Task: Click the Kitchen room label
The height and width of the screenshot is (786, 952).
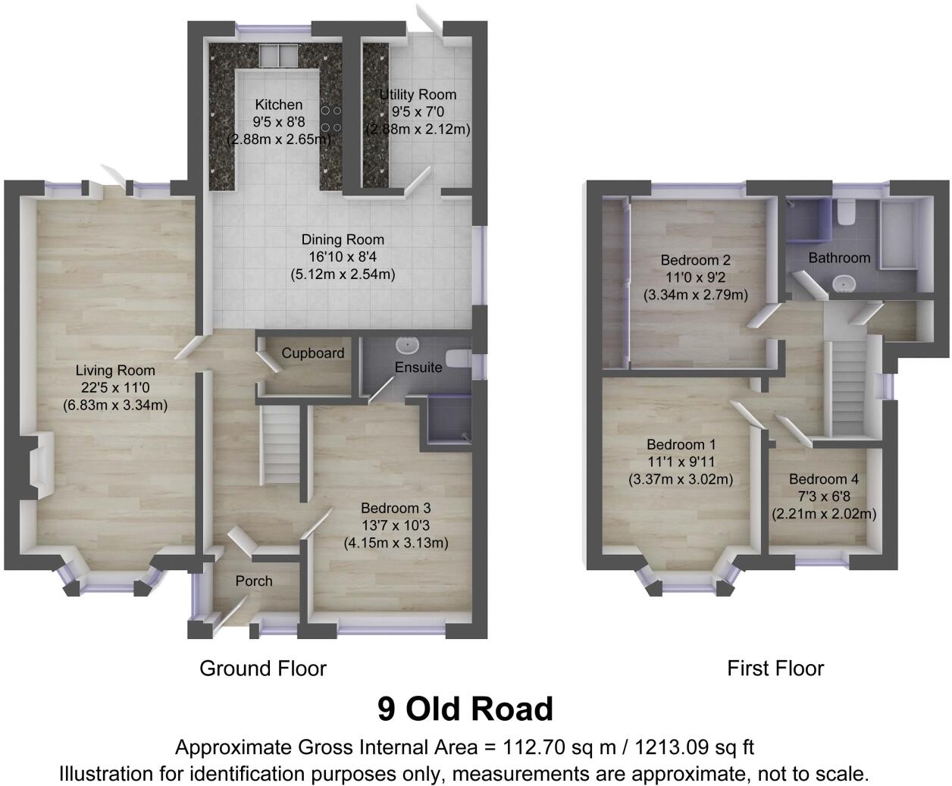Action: [x=278, y=105]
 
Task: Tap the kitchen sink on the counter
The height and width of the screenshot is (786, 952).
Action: [x=277, y=56]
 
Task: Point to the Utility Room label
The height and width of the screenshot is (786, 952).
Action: [x=418, y=95]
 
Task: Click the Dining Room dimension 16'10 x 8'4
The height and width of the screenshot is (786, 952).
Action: [x=343, y=257]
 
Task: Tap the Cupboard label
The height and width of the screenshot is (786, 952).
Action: [x=312, y=353]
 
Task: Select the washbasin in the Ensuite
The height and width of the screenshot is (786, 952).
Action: [x=408, y=346]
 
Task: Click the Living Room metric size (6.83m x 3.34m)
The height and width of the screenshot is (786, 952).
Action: [x=114, y=405]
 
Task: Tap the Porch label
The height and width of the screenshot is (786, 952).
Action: [x=253, y=581]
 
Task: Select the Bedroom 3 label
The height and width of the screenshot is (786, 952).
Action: [x=396, y=509]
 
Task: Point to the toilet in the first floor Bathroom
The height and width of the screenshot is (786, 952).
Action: [x=847, y=212]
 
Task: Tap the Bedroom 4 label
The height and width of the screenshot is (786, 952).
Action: [x=823, y=480]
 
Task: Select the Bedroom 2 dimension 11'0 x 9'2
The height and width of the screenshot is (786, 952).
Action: [x=694, y=277]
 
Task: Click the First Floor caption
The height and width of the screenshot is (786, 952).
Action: [x=775, y=669]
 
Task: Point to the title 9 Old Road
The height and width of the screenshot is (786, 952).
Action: [x=465, y=709]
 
